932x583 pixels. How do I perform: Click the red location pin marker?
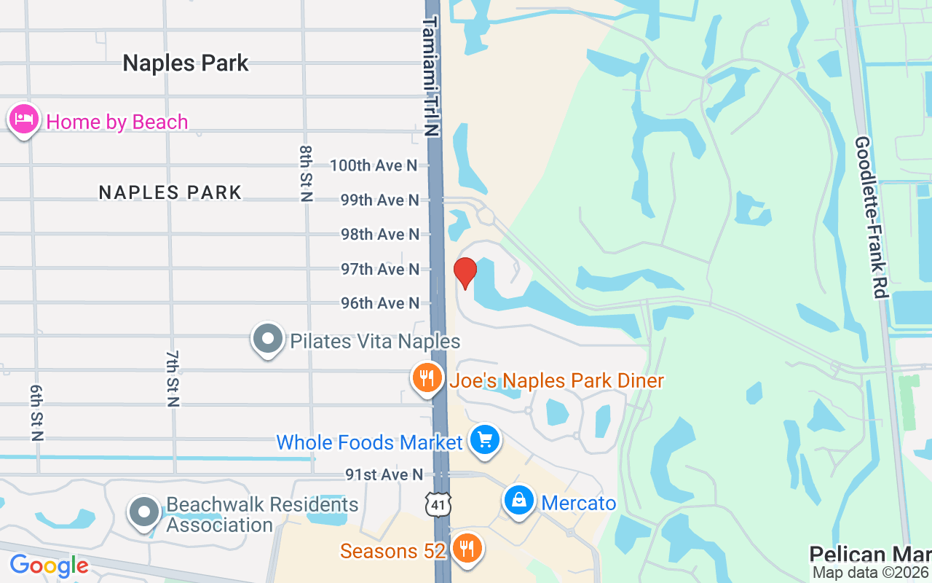(465, 273)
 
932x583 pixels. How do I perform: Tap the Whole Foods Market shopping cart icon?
(484, 439)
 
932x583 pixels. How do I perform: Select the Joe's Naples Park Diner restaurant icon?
(427, 377)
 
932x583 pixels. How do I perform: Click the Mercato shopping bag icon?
(518, 501)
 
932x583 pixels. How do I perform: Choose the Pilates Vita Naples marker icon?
(268, 339)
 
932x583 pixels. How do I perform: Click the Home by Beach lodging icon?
(24, 120)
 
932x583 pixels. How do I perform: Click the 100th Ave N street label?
(374, 165)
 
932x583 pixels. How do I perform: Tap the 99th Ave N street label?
(380, 200)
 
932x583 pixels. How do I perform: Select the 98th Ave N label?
(380, 234)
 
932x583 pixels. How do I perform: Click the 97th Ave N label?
(380, 269)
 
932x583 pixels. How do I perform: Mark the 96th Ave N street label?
(380, 302)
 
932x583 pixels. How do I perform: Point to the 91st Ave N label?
(384, 474)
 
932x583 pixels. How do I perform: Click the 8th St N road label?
(306, 173)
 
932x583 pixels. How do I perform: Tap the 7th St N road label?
(173, 378)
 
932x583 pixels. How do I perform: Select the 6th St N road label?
(37, 412)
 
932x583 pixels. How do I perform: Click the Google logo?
(49, 565)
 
